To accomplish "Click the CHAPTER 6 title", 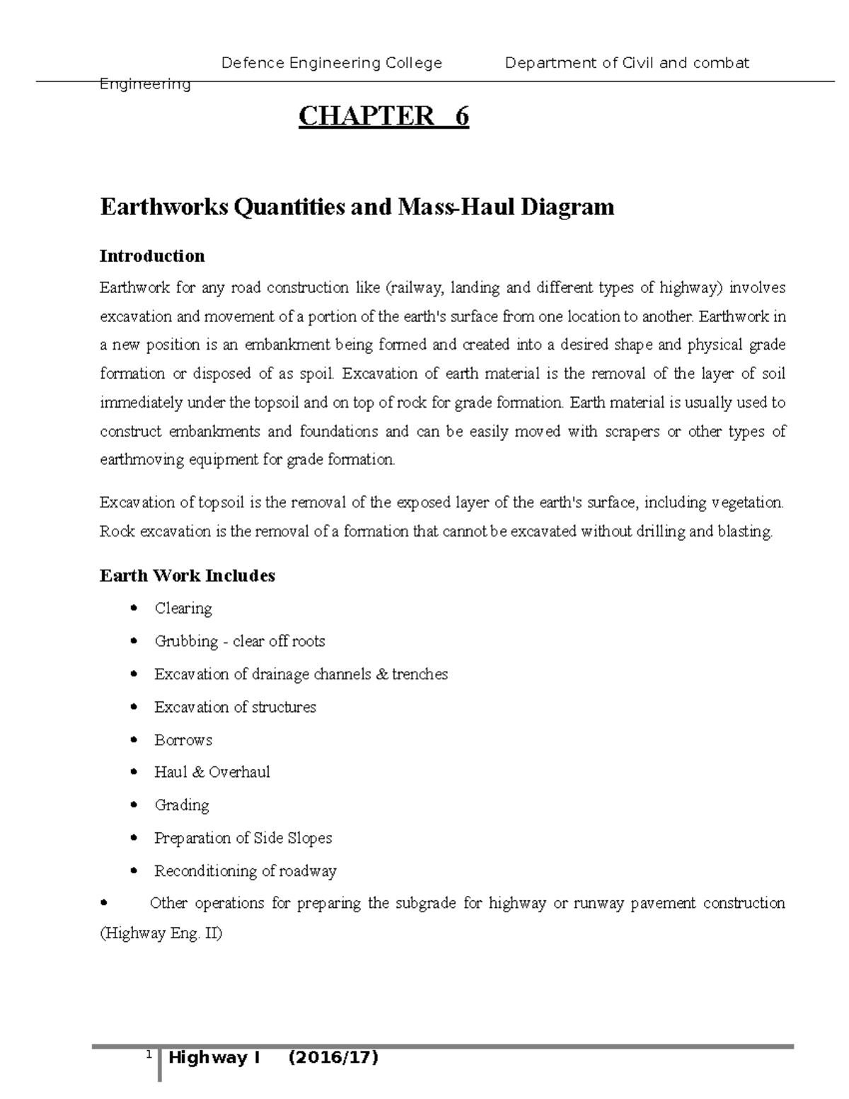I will point(383,116).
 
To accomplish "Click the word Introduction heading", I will point(152,255).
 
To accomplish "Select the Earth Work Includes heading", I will point(187,575).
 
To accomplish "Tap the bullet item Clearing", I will point(183,609).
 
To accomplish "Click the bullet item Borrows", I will point(183,740).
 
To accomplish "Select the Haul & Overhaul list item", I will point(212,772).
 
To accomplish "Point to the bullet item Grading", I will point(182,805).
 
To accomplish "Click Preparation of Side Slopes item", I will point(243,838).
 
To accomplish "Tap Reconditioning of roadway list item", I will point(245,871).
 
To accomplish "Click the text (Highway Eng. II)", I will point(161,933).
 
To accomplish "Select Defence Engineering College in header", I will point(332,63).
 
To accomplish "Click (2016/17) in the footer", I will point(333,1058).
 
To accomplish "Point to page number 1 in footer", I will point(149,1055).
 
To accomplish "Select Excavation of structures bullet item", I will point(235,707).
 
